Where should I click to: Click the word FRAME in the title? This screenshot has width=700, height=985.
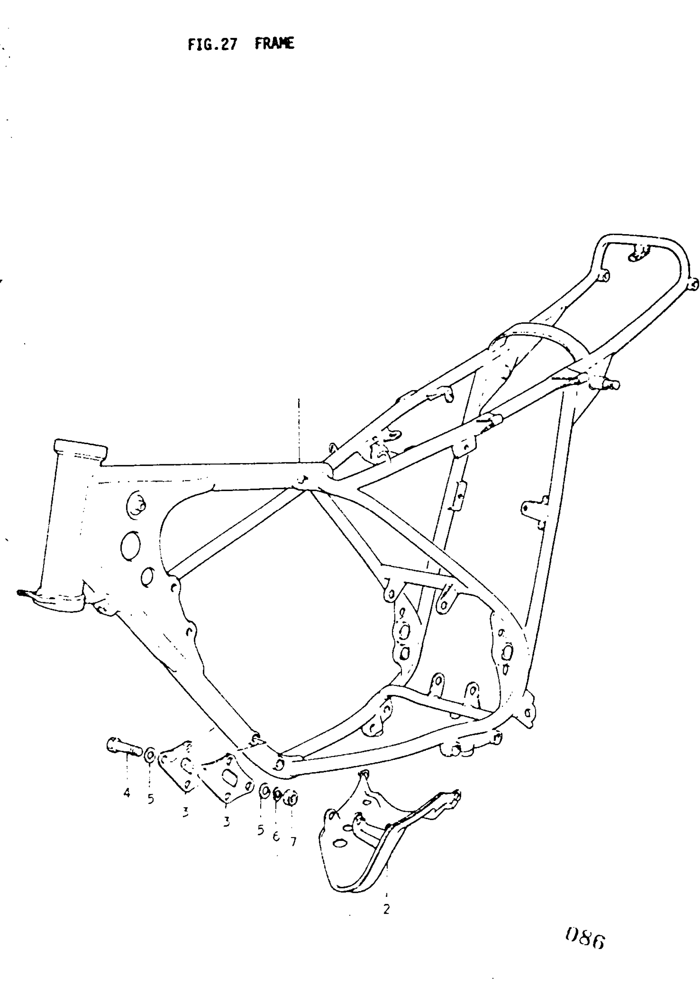[274, 44]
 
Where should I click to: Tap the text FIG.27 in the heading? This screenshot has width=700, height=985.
[212, 44]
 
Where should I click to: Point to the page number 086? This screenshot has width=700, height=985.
[586, 938]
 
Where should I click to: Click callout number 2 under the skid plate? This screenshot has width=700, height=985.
[386, 909]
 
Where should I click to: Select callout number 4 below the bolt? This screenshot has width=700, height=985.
[126, 792]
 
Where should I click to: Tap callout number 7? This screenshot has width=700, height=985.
[293, 841]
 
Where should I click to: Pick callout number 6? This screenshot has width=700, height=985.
[276, 836]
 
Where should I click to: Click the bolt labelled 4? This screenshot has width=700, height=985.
[124, 746]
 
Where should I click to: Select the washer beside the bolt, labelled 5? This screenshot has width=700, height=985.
[149, 755]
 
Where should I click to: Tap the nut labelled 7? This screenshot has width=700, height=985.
[292, 799]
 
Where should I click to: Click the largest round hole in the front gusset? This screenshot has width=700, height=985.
[130, 546]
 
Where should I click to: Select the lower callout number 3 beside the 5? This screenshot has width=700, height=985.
[226, 822]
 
